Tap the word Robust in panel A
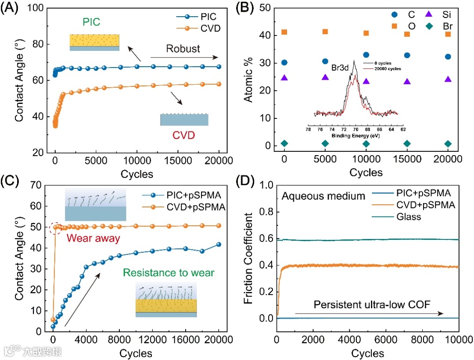coord(183,48)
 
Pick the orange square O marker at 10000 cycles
coord(366,33)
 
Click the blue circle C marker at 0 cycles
coord(284,63)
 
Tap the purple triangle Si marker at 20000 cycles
coord(448,79)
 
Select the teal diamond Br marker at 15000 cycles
coord(407,144)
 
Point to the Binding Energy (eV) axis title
coord(355,136)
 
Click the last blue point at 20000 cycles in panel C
coord(219,244)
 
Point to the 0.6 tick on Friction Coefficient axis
coord(264,239)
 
